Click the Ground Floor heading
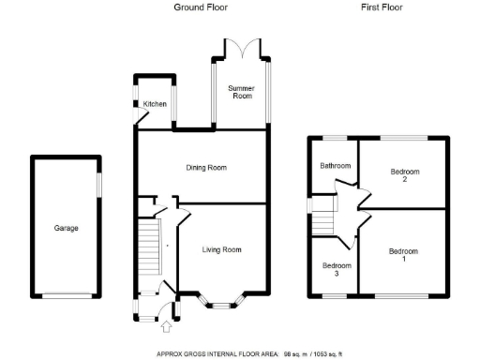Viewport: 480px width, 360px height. click(200, 7)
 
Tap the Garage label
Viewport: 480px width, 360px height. click(66, 228)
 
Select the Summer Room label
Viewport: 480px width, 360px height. click(242, 92)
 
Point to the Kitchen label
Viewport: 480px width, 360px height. click(154, 104)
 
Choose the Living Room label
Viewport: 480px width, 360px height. click(222, 249)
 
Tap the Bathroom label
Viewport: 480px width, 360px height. click(335, 166)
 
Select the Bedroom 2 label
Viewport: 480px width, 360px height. click(404, 176)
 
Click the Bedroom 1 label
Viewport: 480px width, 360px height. click(404, 255)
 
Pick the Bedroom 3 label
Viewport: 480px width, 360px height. click(332, 270)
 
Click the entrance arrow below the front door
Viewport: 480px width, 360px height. click(167, 326)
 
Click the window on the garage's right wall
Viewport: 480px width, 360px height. click(97, 186)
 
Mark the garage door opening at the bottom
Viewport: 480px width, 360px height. click(66, 295)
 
